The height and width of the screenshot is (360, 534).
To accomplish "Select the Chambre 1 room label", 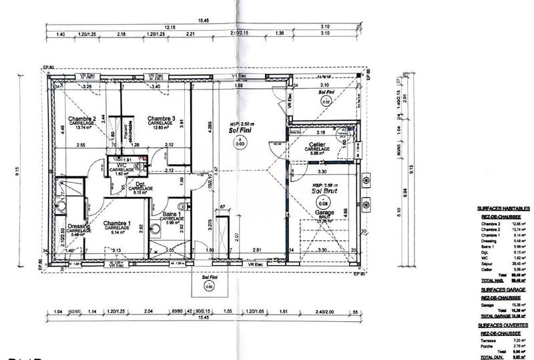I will (116, 223).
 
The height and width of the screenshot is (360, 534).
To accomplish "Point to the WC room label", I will (122, 164).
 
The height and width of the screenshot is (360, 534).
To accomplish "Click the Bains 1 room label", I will (172, 214).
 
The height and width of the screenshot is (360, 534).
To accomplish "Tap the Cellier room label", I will (316, 144).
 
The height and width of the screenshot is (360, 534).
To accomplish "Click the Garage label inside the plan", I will (325, 212).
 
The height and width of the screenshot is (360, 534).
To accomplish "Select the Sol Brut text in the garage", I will (326, 190).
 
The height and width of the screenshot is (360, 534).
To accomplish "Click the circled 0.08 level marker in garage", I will (324, 203).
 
